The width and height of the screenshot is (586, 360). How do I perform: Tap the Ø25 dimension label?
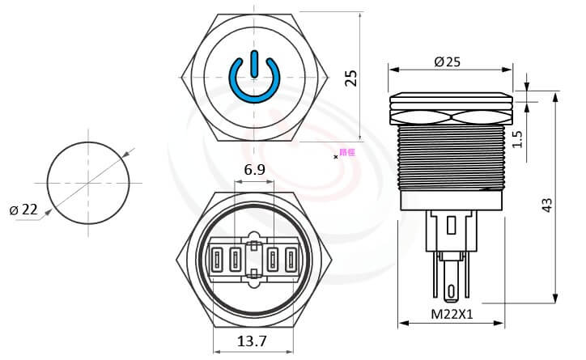(x=448, y=62)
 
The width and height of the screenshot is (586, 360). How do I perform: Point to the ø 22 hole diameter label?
(x=24, y=210)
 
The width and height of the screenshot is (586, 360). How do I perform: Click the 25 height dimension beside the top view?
(x=350, y=78)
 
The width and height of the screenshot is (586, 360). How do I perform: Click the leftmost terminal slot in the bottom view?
(x=218, y=260)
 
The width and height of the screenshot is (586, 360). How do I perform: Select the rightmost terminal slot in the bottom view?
(x=291, y=260)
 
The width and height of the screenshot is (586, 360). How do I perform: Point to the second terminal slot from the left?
(x=235, y=260)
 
